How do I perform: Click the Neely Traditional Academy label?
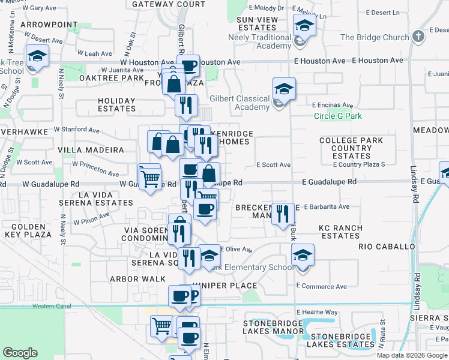(263, 41)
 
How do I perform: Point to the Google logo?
(20, 352)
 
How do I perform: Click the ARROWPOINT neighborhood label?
(49, 25)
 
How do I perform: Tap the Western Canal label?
(52, 306)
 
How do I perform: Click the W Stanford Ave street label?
(76, 129)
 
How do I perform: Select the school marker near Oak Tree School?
(38, 56)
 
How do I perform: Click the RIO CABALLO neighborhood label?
(387, 247)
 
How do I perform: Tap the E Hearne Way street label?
(317, 312)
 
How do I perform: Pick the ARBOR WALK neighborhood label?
(133, 279)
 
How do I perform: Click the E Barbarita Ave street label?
(326, 206)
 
